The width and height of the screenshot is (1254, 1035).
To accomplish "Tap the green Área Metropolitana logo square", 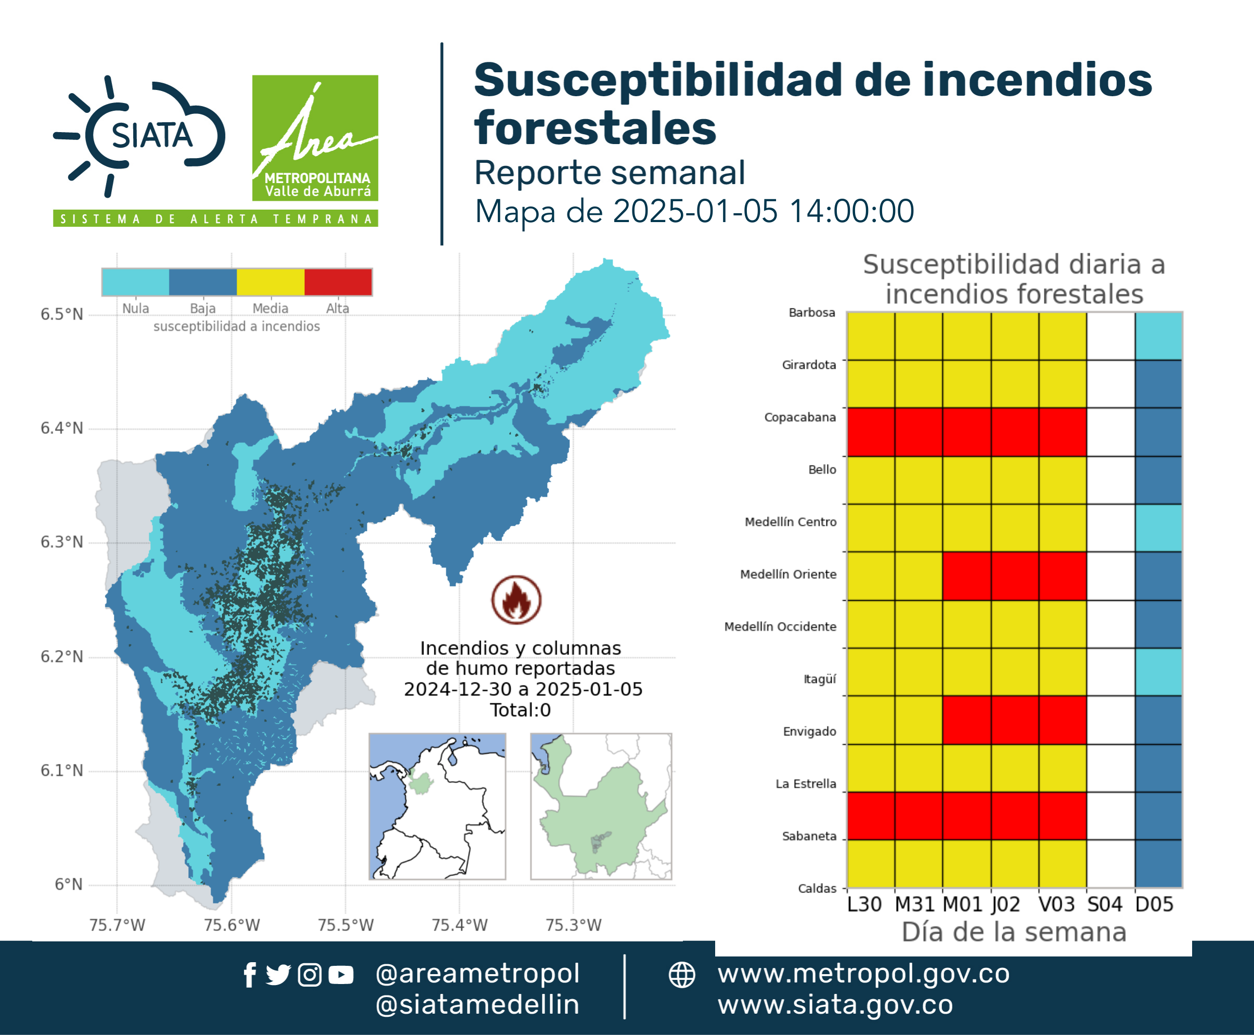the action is [315, 138].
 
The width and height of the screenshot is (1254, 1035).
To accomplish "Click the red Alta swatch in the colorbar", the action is [338, 282].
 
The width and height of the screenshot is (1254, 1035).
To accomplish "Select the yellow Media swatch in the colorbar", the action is [270, 282].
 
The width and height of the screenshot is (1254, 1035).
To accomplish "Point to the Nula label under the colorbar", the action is [135, 308].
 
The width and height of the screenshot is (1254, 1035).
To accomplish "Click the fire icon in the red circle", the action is [516, 599].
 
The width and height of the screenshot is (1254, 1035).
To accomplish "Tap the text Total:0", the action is [521, 709].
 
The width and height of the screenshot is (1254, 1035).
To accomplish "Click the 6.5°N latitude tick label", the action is [62, 314].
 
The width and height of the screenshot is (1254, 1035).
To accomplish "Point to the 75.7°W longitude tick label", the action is [117, 925].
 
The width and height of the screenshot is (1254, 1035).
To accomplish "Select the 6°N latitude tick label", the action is [69, 884].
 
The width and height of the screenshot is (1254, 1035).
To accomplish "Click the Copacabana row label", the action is [800, 417].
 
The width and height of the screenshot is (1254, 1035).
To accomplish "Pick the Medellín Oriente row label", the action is [788, 574].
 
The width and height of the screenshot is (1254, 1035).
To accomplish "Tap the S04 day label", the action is [1104, 904].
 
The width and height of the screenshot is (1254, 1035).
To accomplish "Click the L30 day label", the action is [864, 904].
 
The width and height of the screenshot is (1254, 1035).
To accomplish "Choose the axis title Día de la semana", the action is [1014, 932].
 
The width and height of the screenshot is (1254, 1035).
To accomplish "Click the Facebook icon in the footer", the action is [250, 975].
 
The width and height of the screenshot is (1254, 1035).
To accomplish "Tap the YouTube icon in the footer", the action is [341, 975].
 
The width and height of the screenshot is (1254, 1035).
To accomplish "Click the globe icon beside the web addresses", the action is [681, 975].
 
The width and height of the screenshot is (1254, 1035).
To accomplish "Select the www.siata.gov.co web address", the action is [835, 1005].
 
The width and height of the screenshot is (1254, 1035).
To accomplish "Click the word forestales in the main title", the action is [595, 128].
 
